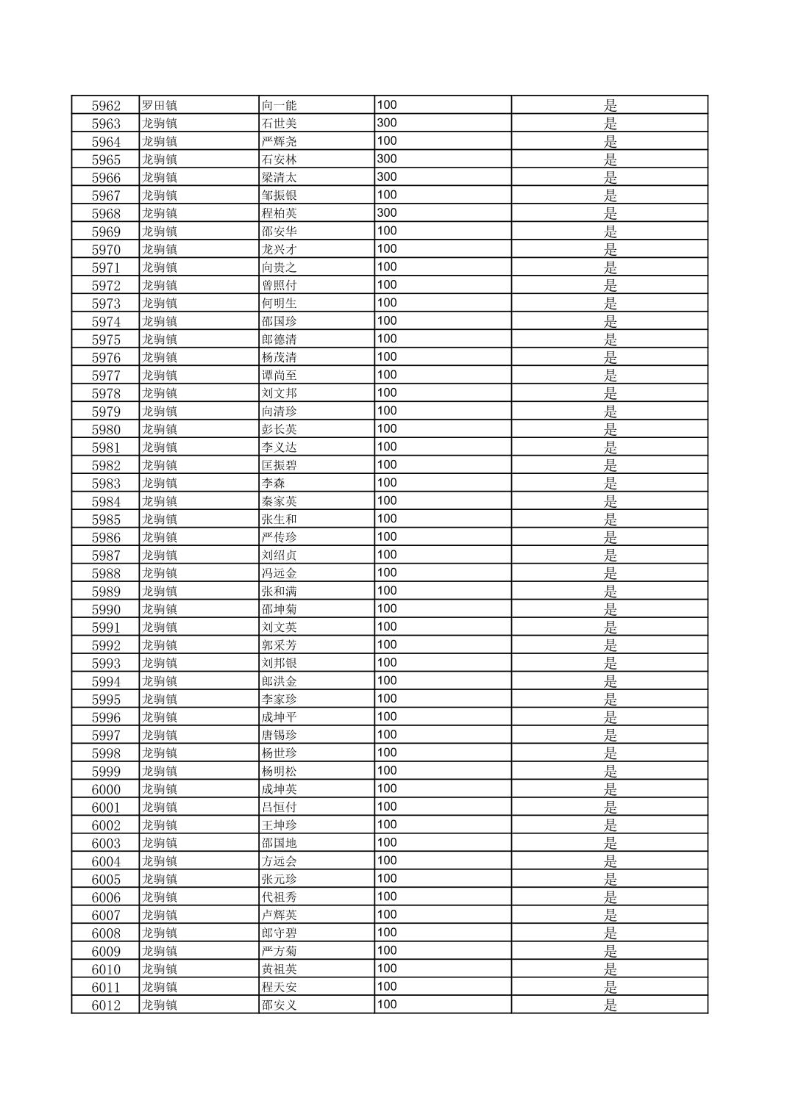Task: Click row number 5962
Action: [x=106, y=105]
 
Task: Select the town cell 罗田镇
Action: [x=160, y=105]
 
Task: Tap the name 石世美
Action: [x=280, y=123]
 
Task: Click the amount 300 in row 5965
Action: [x=387, y=159]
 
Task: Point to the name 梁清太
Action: [x=280, y=177]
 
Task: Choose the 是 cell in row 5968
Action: [x=610, y=213]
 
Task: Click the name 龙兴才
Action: [x=280, y=249]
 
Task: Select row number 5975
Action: [x=106, y=340]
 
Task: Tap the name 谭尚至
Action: [x=280, y=376]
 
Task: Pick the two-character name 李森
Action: [x=274, y=484]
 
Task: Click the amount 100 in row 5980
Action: [x=387, y=429]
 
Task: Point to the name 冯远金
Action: [x=280, y=573]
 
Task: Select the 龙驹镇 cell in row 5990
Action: [x=160, y=609]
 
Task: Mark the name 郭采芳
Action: [x=280, y=645]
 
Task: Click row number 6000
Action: [x=106, y=789]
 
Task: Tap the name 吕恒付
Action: [x=280, y=807]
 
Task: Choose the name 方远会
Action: [x=280, y=861]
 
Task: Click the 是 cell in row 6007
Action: [x=610, y=915]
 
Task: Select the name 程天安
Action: [x=280, y=987]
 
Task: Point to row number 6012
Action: [x=106, y=1005]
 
